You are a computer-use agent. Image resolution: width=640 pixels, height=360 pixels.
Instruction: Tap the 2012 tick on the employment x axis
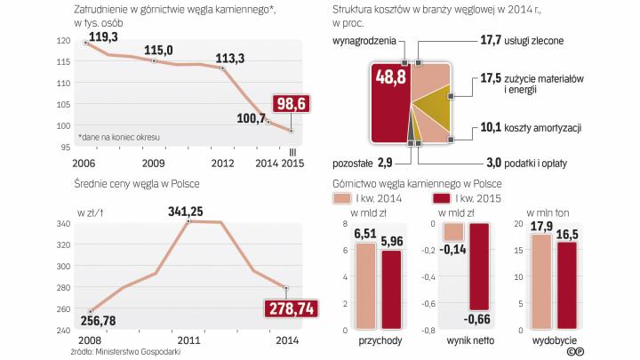point(221,164)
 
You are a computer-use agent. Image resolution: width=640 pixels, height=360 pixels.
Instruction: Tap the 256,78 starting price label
point(96,319)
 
